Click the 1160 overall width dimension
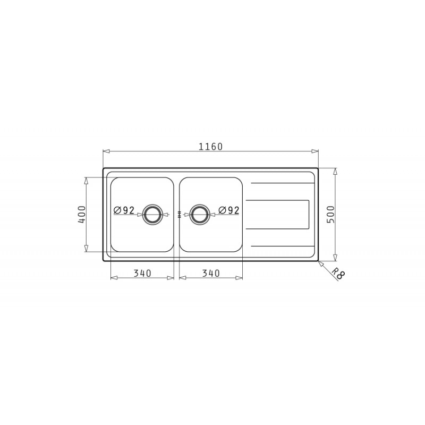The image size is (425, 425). point(210,147)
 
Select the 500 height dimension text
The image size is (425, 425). point(331,214)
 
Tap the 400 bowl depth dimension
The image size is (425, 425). point(82,214)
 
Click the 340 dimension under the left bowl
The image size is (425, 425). point(142,274)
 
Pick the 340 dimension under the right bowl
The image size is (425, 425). point(211,274)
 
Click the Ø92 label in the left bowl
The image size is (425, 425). point(124,210)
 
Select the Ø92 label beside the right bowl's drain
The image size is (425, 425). point(229,210)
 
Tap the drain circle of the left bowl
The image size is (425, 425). point(152,214)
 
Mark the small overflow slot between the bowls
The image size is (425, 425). point(179,215)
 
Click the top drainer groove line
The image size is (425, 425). point(282,183)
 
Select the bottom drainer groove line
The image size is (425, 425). point(282,246)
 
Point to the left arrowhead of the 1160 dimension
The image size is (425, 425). point(106,151)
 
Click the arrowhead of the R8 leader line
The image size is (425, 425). point(320,262)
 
